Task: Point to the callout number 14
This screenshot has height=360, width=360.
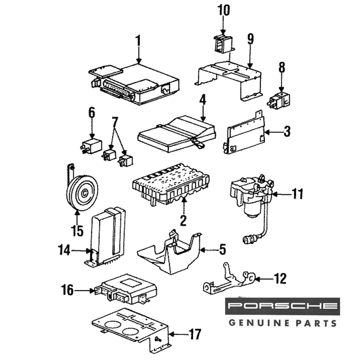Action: pos(65,250)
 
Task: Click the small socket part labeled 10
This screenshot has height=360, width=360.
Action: pos(222,44)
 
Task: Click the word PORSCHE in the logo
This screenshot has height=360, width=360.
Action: pos(283,307)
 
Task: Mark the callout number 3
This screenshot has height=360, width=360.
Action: pos(286,132)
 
